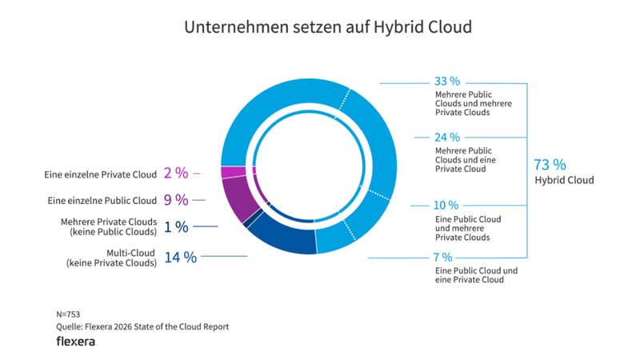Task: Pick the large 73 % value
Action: coord(550,165)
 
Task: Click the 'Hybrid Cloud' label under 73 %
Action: coord(564,181)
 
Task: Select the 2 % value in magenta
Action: coord(175,173)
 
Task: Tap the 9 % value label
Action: coord(175,199)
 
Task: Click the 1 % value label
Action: coord(176,227)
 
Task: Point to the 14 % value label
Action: coord(180,257)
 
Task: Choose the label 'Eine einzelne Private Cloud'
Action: coord(100,174)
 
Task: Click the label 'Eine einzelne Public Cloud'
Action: coord(102,200)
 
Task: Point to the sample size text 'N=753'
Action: coord(68,314)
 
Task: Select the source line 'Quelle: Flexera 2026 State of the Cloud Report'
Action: coord(142,326)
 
